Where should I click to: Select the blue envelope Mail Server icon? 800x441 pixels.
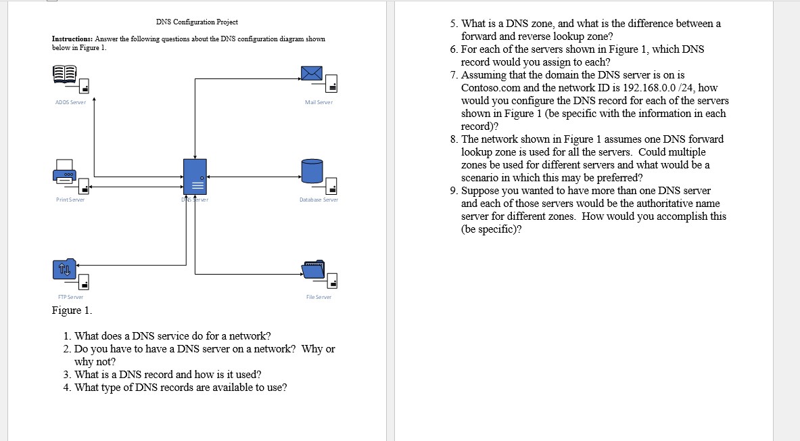point(312,74)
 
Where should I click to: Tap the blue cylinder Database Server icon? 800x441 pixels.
point(312,171)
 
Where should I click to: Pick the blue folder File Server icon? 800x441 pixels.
point(313,269)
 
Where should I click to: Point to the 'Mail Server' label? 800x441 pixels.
point(319,102)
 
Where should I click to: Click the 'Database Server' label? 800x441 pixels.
point(319,200)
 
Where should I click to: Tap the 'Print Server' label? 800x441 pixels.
point(70,200)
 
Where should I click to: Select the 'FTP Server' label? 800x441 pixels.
point(70,297)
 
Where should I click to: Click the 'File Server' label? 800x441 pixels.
point(319,297)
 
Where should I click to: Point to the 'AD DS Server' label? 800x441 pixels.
point(70,102)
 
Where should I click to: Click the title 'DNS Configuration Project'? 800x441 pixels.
point(197,22)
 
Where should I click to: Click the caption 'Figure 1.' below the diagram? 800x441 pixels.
point(72,310)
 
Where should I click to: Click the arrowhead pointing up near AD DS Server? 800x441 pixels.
point(94,100)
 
